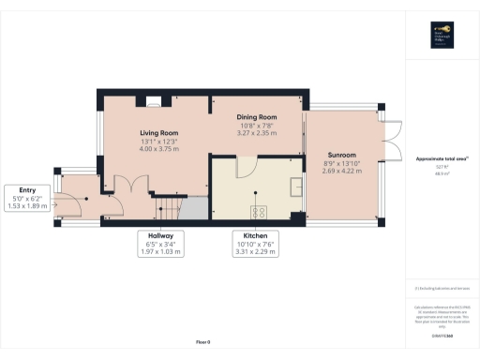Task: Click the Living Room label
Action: (158, 133)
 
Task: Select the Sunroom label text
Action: (341, 155)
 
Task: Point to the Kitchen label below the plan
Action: (256, 235)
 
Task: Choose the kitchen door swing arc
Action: (245, 167)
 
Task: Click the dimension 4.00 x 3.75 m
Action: (158, 148)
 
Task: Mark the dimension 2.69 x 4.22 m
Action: (341, 172)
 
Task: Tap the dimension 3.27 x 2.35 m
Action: (255, 133)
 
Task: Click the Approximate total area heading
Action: (442, 159)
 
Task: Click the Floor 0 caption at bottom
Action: (202, 341)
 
